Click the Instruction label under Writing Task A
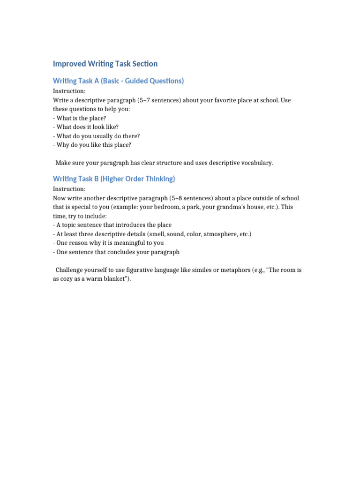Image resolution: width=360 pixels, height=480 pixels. [69, 91]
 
